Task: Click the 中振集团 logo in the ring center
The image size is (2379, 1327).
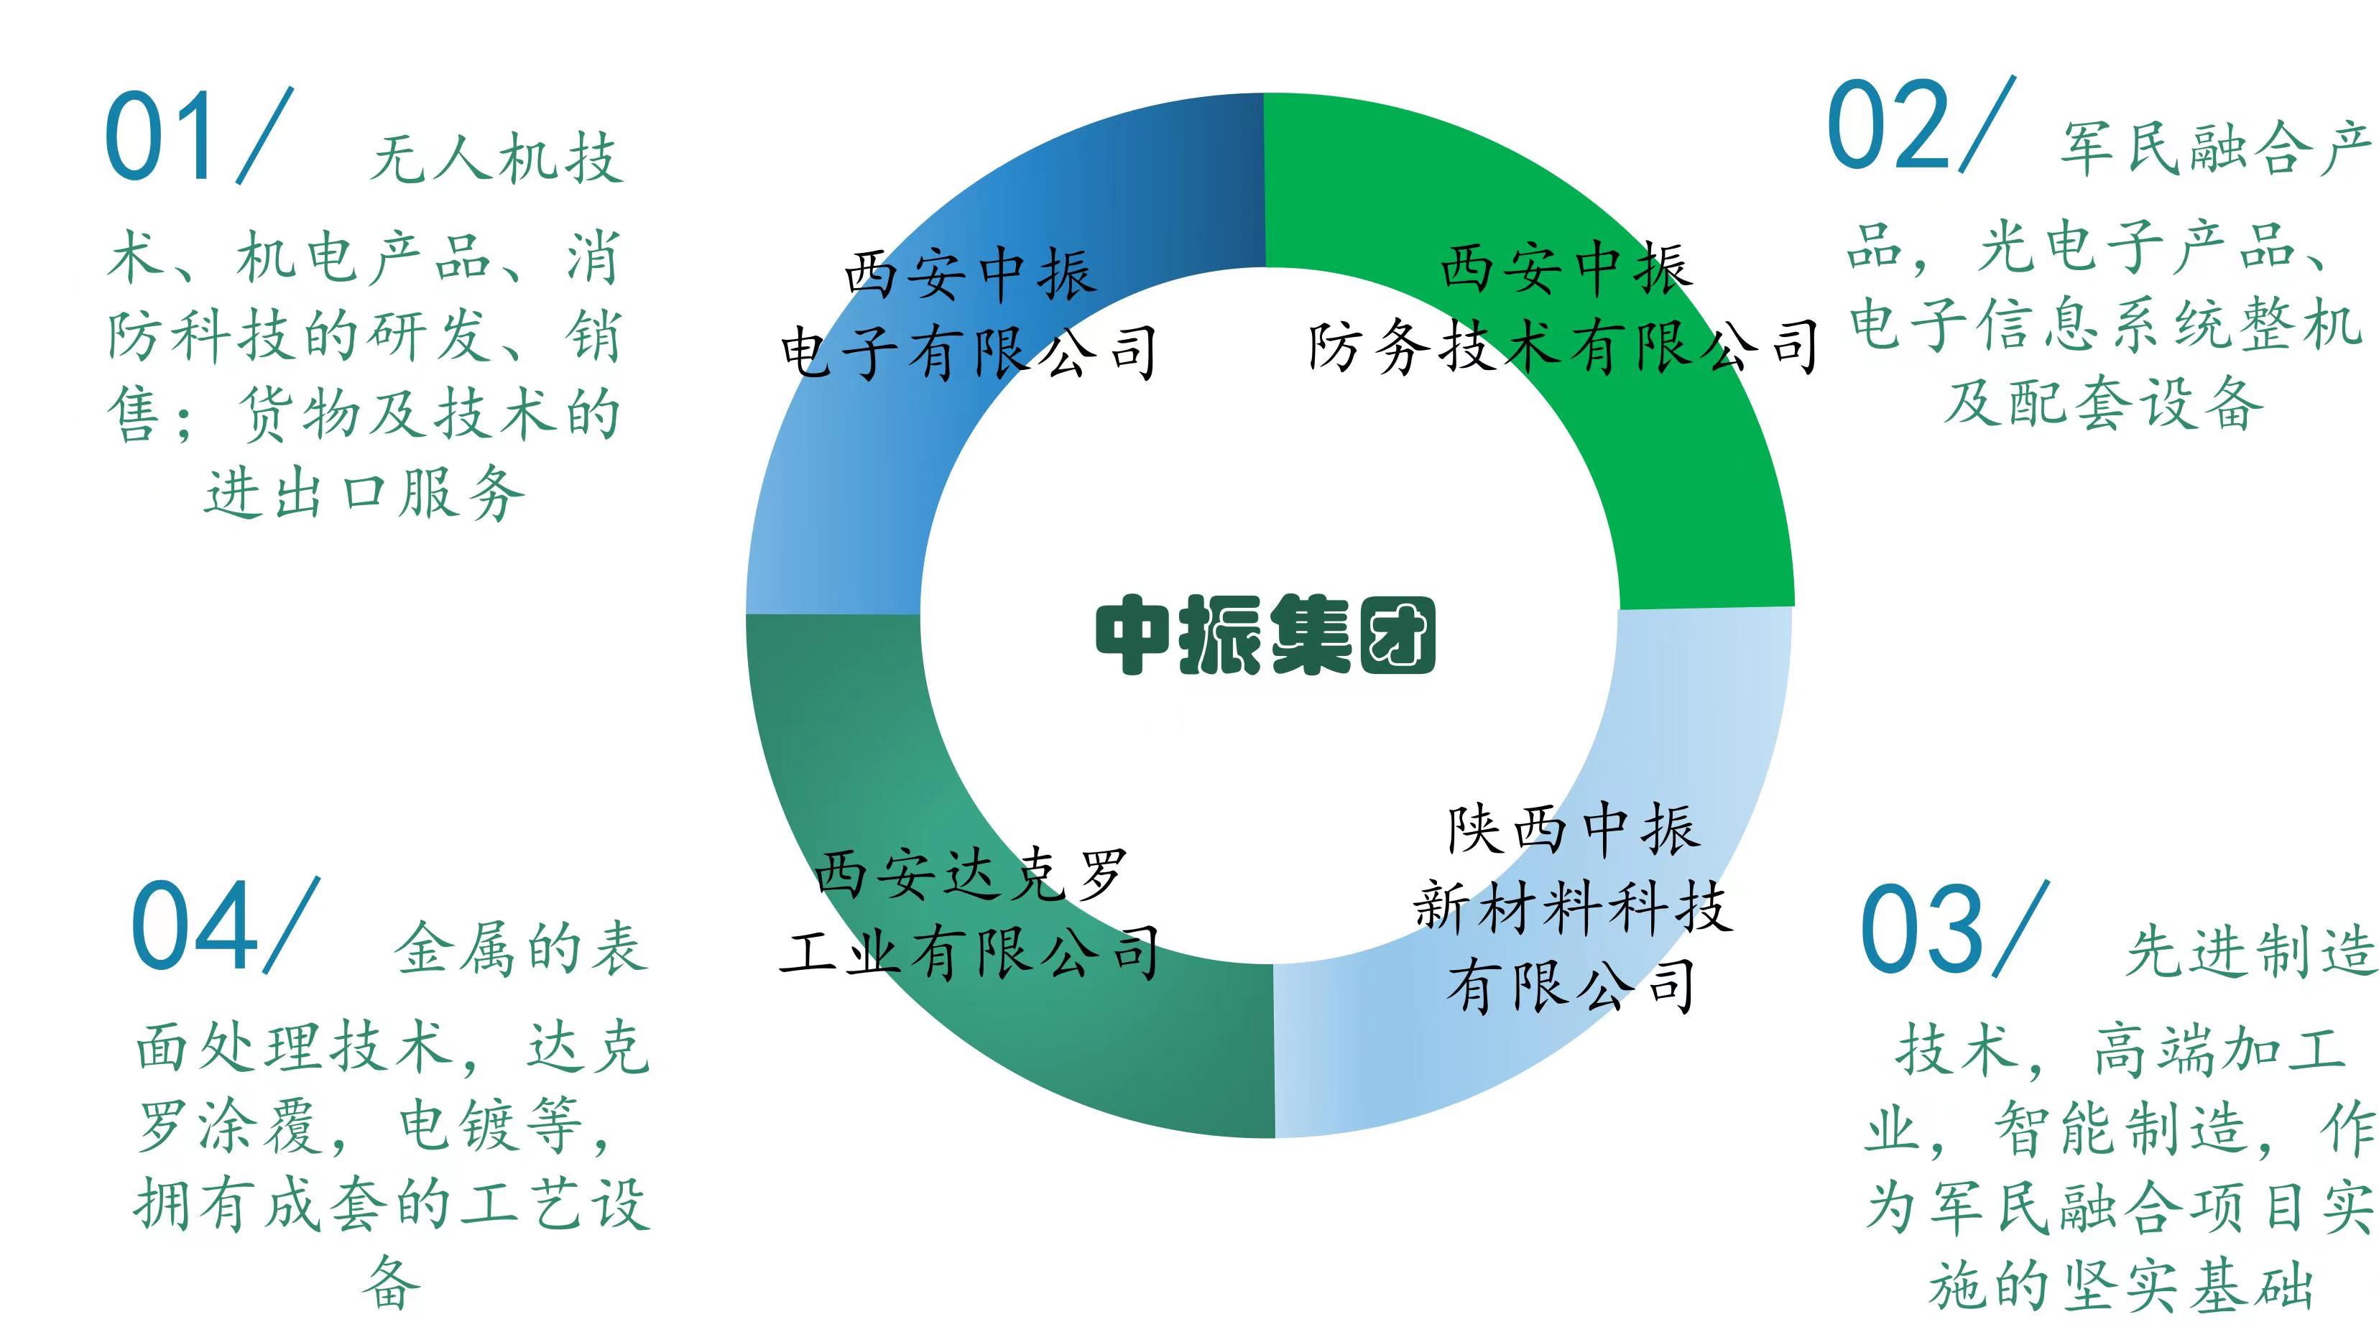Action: [1265, 635]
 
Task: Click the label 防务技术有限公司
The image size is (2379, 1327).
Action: [1563, 347]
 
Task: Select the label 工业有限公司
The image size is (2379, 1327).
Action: [970, 952]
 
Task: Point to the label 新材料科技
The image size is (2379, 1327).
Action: [1572, 906]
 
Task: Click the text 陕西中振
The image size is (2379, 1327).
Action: [1572, 829]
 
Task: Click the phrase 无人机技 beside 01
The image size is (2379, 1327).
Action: [497, 157]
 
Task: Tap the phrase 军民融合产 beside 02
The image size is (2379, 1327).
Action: [2217, 148]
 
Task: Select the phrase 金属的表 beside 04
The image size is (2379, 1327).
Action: [522, 948]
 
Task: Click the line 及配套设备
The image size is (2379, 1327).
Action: [2104, 404]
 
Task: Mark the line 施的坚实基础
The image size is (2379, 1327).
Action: [2121, 1285]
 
